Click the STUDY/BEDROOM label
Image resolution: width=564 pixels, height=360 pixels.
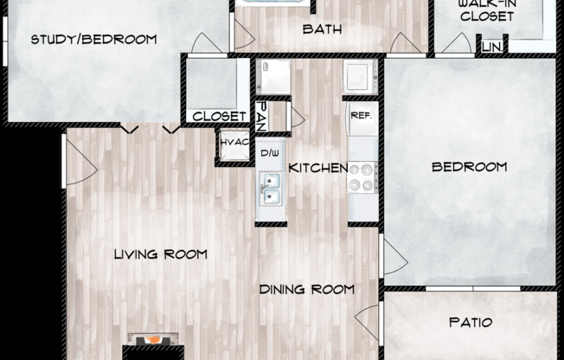coord(93,39)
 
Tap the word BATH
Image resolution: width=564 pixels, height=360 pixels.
coord(322,29)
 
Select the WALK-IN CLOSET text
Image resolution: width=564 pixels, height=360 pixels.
coord(486,10)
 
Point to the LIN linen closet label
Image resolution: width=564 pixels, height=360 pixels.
coord(491,46)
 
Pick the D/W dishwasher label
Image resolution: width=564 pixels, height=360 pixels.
coord(270,154)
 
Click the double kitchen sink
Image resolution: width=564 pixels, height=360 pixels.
coord(271,187)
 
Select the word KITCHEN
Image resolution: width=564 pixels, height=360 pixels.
coord(318,168)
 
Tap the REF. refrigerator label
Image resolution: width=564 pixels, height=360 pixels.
coord(361,113)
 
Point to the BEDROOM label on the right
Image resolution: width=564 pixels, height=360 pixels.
coord(470,167)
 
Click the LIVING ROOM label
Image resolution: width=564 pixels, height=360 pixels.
coord(161,254)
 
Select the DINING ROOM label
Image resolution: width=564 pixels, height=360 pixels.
coord(307,289)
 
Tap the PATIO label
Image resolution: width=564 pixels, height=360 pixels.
coord(471,323)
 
